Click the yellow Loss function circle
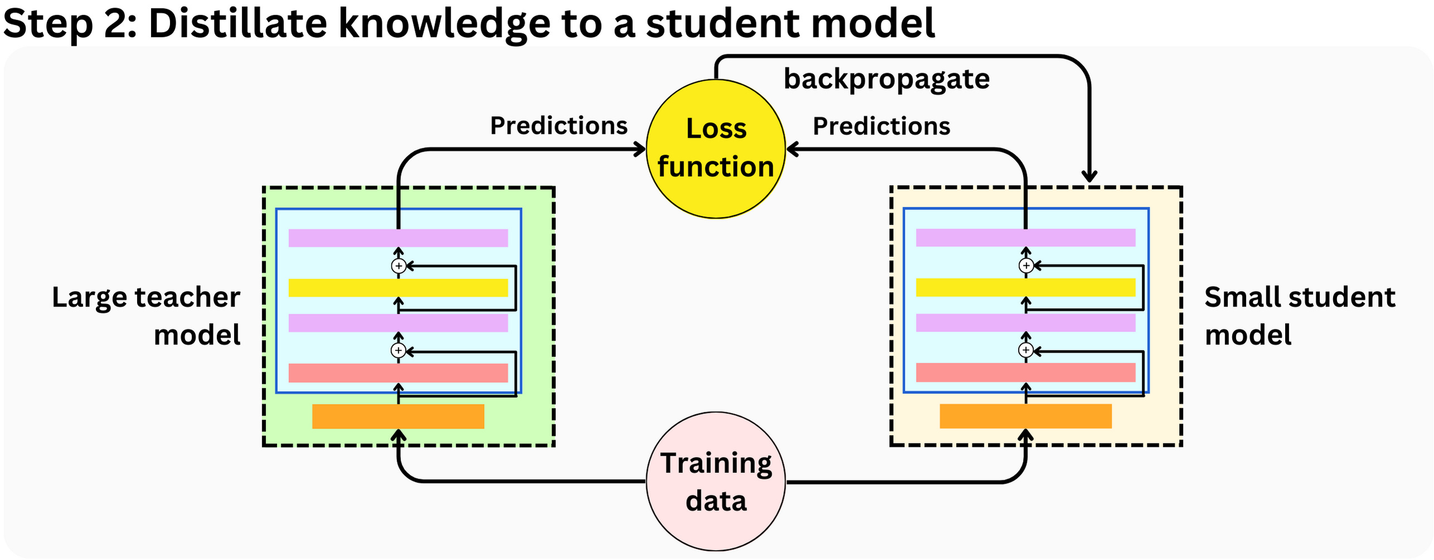[715, 149]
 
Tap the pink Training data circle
[715, 481]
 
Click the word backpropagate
[886, 79]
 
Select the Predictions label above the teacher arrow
[558, 126]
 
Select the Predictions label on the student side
[881, 126]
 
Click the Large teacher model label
[146, 315]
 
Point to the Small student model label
[1299, 315]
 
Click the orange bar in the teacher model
[398, 416]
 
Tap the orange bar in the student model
[1025, 416]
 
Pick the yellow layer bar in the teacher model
[398, 288]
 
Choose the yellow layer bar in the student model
[1025, 288]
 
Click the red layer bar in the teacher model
[398, 373]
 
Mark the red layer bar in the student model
[1025, 373]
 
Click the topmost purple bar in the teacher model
[398, 238]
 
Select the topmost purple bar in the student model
[1025, 238]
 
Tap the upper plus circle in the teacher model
[398, 266]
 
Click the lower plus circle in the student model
[1025, 350]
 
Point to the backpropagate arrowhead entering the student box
[1089, 177]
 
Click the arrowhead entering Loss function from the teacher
[640, 149]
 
